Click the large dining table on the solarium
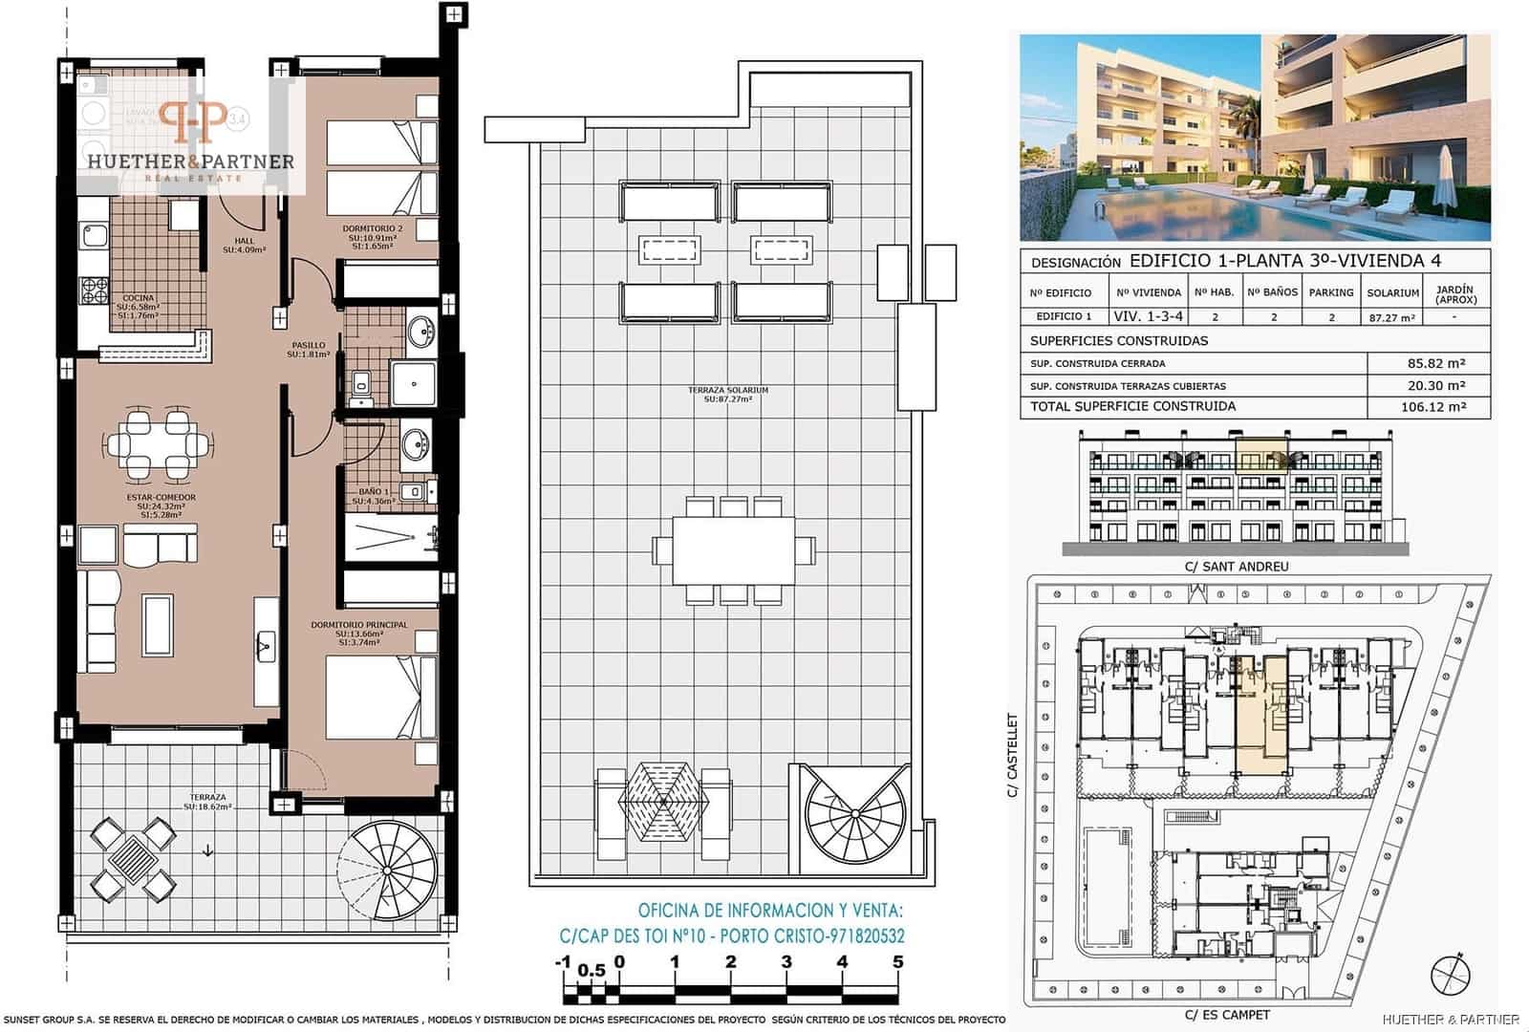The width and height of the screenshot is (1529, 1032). tap(733, 550)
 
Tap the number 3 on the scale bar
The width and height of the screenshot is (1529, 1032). tap(786, 962)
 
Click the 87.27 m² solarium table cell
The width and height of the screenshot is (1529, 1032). tap(1391, 317)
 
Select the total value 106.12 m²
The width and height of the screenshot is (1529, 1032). tap(1430, 407)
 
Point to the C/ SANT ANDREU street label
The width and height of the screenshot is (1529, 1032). tap(1237, 567)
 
